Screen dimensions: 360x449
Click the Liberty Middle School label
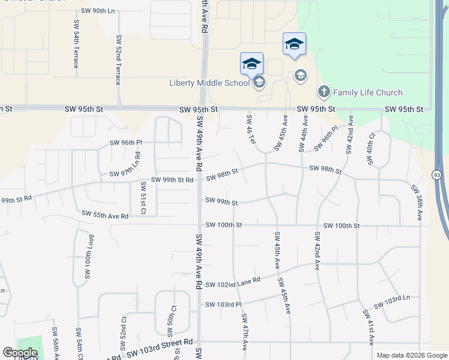coord(209,83)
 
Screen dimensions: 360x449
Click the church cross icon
coord(324,92)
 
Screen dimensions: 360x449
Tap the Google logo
coord(20,353)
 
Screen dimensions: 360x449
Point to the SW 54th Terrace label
coord(76,43)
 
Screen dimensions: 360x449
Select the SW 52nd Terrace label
coord(118,55)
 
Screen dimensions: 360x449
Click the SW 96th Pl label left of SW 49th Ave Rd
coord(125,143)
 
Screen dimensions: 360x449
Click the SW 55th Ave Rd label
coord(105,215)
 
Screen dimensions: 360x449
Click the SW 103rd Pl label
coord(223,305)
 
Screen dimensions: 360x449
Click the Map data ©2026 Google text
coord(411,355)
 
